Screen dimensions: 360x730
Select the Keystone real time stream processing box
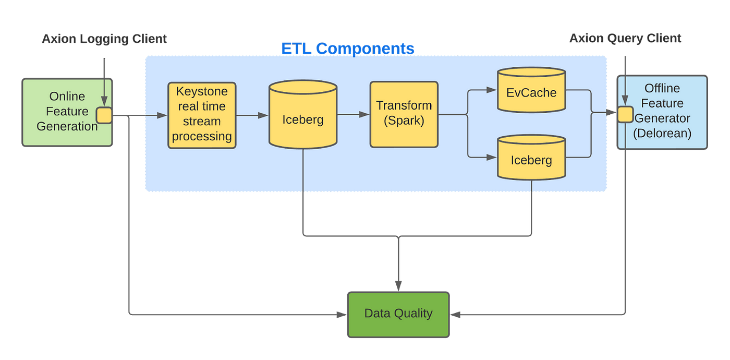(202, 115)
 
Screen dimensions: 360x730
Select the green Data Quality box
(398, 314)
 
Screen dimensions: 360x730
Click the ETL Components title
(347, 48)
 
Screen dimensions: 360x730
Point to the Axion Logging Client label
(105, 39)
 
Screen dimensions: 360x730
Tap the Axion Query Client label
(625, 38)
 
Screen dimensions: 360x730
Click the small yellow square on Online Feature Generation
(104, 115)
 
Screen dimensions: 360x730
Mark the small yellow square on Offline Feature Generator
(625, 114)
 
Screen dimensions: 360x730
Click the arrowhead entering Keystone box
(163, 115)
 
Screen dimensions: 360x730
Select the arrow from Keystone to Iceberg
(252, 116)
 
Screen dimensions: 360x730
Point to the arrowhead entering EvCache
(491, 90)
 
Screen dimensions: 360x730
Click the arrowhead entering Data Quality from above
(398, 285)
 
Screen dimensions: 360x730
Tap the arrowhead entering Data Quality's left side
(342, 315)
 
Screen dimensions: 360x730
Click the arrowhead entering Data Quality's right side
(455, 315)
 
